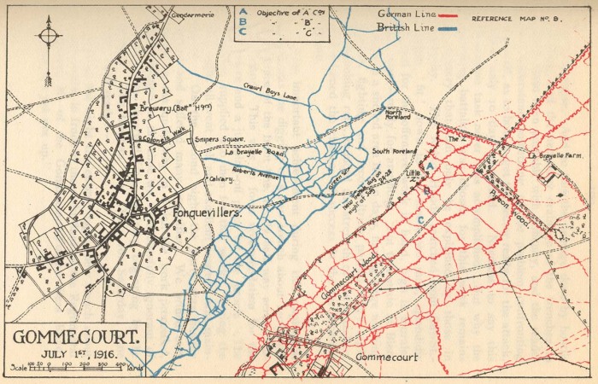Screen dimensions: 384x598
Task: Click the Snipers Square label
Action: [220, 138]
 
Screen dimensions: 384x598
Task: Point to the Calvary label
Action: [220, 179]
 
